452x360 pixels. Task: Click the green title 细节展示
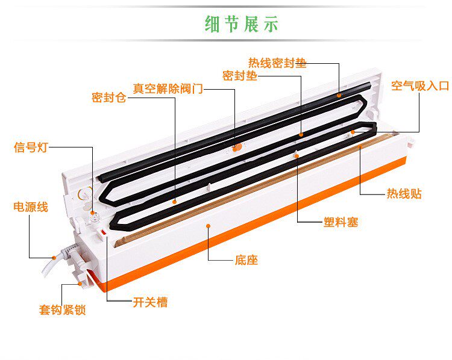click(x=241, y=24)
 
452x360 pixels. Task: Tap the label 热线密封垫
click(x=277, y=63)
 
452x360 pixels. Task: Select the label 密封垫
click(x=239, y=76)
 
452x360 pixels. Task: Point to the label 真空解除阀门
click(x=168, y=88)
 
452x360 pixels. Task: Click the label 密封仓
click(x=108, y=98)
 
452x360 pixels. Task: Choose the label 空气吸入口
click(x=420, y=86)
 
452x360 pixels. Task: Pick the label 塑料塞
click(x=341, y=222)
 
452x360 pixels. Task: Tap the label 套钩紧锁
click(x=62, y=311)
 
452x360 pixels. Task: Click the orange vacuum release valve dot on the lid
click(x=237, y=146)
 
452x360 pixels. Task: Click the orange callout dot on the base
click(x=208, y=226)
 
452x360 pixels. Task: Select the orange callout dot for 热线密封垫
click(x=339, y=95)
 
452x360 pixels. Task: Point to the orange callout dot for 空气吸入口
click(x=353, y=131)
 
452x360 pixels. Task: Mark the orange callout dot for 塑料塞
click(x=298, y=155)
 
